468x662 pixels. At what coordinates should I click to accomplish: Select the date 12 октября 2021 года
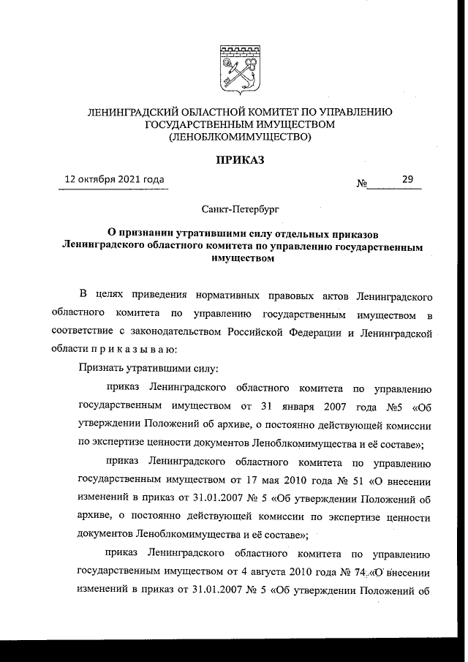[114, 179]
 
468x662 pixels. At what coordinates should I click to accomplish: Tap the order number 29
[407, 179]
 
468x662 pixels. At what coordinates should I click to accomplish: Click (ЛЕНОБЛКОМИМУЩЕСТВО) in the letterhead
[240, 137]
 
